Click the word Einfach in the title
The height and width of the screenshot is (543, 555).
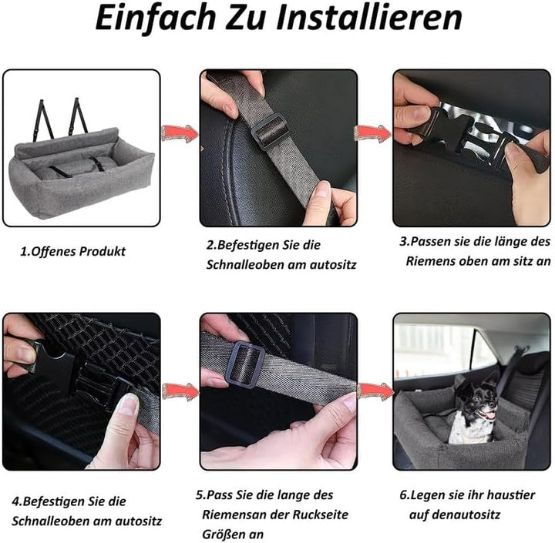(x=156, y=18)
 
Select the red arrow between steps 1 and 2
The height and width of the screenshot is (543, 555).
(x=179, y=134)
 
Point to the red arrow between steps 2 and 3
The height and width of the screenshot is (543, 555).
(x=372, y=134)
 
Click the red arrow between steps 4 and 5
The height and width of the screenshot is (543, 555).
(x=180, y=391)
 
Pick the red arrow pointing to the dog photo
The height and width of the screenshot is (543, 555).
(x=375, y=391)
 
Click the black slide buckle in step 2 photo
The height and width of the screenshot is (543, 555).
(x=269, y=131)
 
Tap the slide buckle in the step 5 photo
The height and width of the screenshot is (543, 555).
(x=245, y=364)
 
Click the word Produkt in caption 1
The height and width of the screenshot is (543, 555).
(x=103, y=252)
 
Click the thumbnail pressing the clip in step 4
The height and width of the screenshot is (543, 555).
(x=128, y=404)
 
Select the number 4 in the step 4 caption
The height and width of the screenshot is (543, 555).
(x=15, y=501)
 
